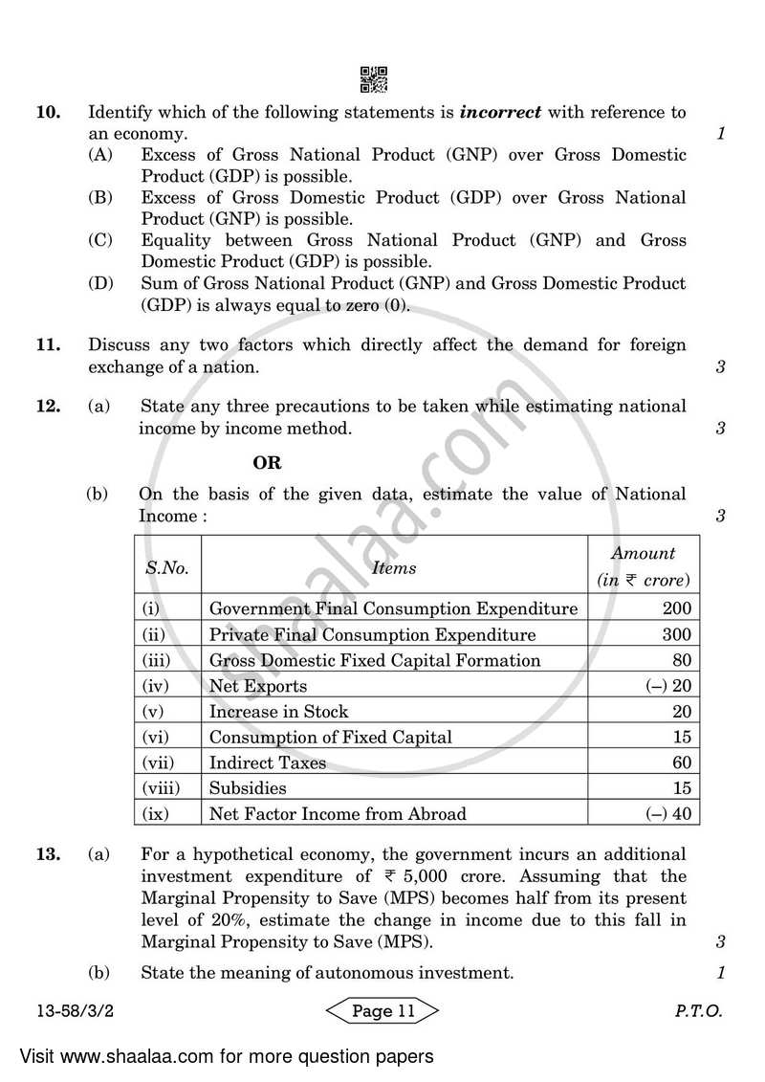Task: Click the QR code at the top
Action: (x=375, y=79)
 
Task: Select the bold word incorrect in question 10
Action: (x=500, y=112)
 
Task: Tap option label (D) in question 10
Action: (x=101, y=284)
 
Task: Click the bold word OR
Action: (x=267, y=463)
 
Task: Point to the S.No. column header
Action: (x=167, y=567)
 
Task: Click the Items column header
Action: (x=394, y=567)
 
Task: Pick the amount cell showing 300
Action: (x=675, y=634)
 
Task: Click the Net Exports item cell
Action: (x=258, y=686)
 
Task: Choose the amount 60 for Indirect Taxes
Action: (x=680, y=762)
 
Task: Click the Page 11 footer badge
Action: (x=382, y=1011)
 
